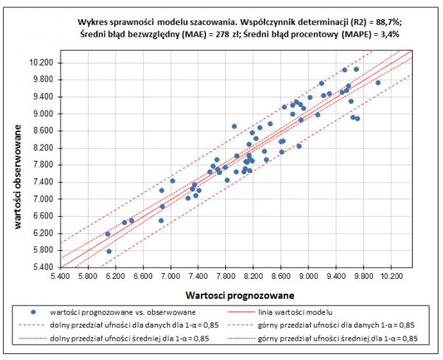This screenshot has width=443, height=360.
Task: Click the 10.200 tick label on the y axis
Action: (42, 63)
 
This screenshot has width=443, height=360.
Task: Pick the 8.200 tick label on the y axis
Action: (42, 148)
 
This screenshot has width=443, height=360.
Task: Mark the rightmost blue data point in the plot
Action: (378, 83)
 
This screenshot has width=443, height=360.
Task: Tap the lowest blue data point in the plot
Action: (109, 251)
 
